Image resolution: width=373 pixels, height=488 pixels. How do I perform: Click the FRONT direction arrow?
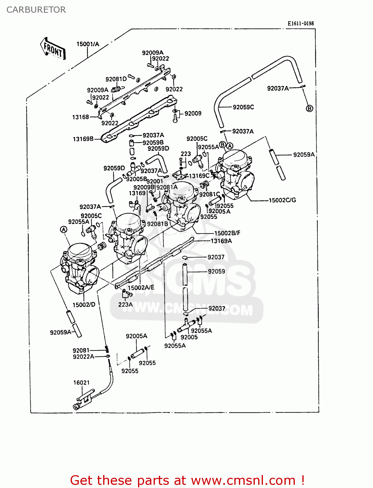point(53,49)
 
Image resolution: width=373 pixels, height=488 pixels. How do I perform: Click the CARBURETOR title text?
point(36,10)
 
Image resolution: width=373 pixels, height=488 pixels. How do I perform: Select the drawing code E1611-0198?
point(300,23)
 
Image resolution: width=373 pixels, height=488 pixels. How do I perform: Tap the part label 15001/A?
point(88,44)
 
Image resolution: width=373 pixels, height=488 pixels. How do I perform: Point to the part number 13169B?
point(83,139)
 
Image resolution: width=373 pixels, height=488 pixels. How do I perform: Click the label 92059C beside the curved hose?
point(243,107)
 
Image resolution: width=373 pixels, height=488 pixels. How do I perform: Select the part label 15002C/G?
point(282,200)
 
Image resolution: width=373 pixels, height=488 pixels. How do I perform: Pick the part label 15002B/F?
point(227,233)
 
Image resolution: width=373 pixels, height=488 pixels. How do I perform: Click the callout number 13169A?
point(221,241)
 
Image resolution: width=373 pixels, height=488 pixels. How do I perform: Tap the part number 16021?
point(81,383)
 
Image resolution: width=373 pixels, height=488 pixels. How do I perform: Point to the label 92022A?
point(83,357)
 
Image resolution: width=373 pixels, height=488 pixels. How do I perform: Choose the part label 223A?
point(125,305)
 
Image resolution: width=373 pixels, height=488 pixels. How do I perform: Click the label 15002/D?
point(84,305)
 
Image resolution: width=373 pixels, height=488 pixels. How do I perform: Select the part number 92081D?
point(116,79)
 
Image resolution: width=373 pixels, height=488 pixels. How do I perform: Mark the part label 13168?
point(80,117)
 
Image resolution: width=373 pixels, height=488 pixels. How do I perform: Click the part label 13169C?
point(199,176)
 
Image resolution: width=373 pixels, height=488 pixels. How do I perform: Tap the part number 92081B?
point(158,224)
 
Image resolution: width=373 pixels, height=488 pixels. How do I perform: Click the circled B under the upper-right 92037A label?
point(310,108)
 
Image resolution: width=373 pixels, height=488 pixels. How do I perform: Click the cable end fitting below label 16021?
point(77,406)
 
